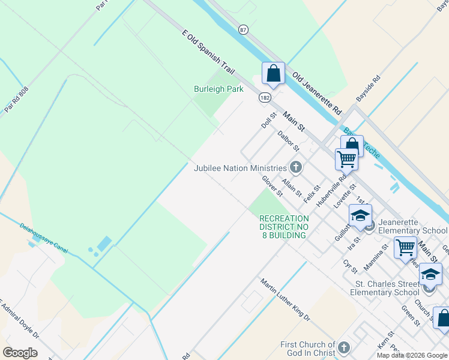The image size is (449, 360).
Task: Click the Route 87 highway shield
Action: coord(243,29)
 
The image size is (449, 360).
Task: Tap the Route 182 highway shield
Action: coord(265,97)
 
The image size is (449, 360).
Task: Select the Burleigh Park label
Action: coord(218,89)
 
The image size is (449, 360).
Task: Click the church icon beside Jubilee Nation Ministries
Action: coord(295,167)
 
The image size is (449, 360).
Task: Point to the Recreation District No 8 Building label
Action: coord(284,227)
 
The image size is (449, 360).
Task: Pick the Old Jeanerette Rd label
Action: coord(317,94)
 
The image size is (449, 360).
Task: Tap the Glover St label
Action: coord(272,186)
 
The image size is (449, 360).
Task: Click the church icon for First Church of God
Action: coord(343,347)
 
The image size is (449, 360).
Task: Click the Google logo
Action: coord(20,353)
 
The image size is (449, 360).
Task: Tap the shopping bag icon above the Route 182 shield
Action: coord(273,74)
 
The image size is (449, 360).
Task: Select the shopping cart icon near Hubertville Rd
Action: coord(346,160)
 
